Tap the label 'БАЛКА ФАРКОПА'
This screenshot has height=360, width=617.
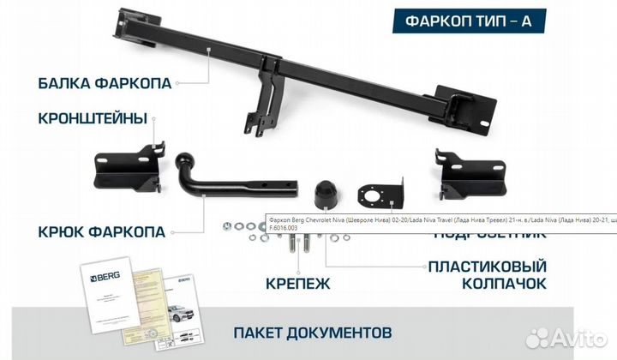point(105,83)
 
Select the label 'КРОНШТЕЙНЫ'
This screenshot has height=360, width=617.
point(93,117)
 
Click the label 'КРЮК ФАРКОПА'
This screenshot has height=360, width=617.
point(102,231)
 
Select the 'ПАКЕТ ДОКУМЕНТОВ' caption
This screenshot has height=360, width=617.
point(313,331)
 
